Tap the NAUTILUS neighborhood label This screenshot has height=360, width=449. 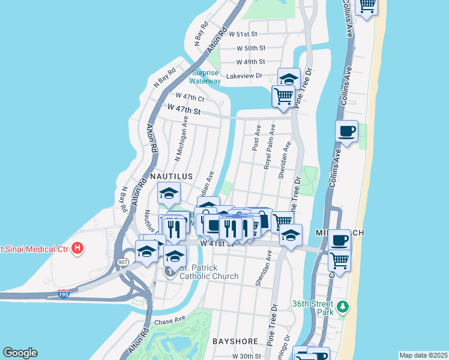pos(171,176)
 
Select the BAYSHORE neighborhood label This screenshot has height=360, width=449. pos(235,341)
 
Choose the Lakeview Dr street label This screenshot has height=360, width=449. pos(244,76)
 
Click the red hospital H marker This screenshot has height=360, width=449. pos(77,247)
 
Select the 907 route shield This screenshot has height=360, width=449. pos(123,262)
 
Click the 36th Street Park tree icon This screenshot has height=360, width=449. pos(343,307)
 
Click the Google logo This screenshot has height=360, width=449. pos(20,353)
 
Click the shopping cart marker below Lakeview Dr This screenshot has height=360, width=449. pos(283,95)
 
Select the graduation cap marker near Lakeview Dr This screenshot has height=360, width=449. pos(289,79)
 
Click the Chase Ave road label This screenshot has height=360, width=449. pos(171,322)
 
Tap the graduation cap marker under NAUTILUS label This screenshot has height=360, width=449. pos(169,193)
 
